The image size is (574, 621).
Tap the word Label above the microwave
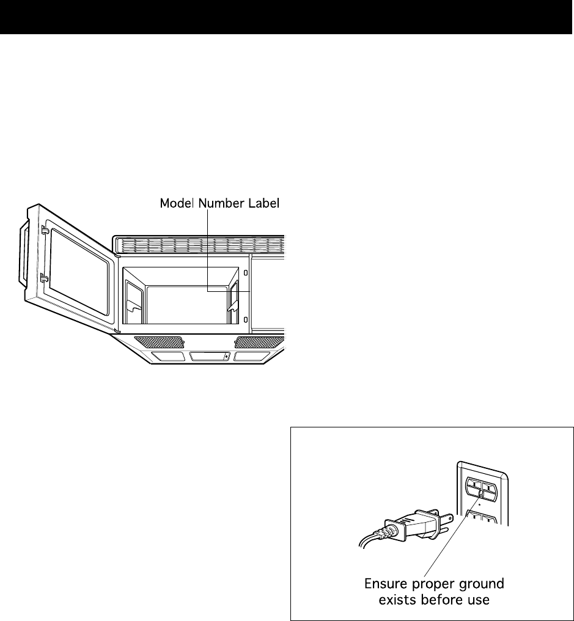[x=264, y=203]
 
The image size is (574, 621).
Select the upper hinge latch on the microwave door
[x=44, y=230]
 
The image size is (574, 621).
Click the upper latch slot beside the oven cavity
[x=246, y=273]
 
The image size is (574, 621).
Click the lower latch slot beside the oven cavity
[x=246, y=319]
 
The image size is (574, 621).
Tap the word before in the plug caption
[x=441, y=600]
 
